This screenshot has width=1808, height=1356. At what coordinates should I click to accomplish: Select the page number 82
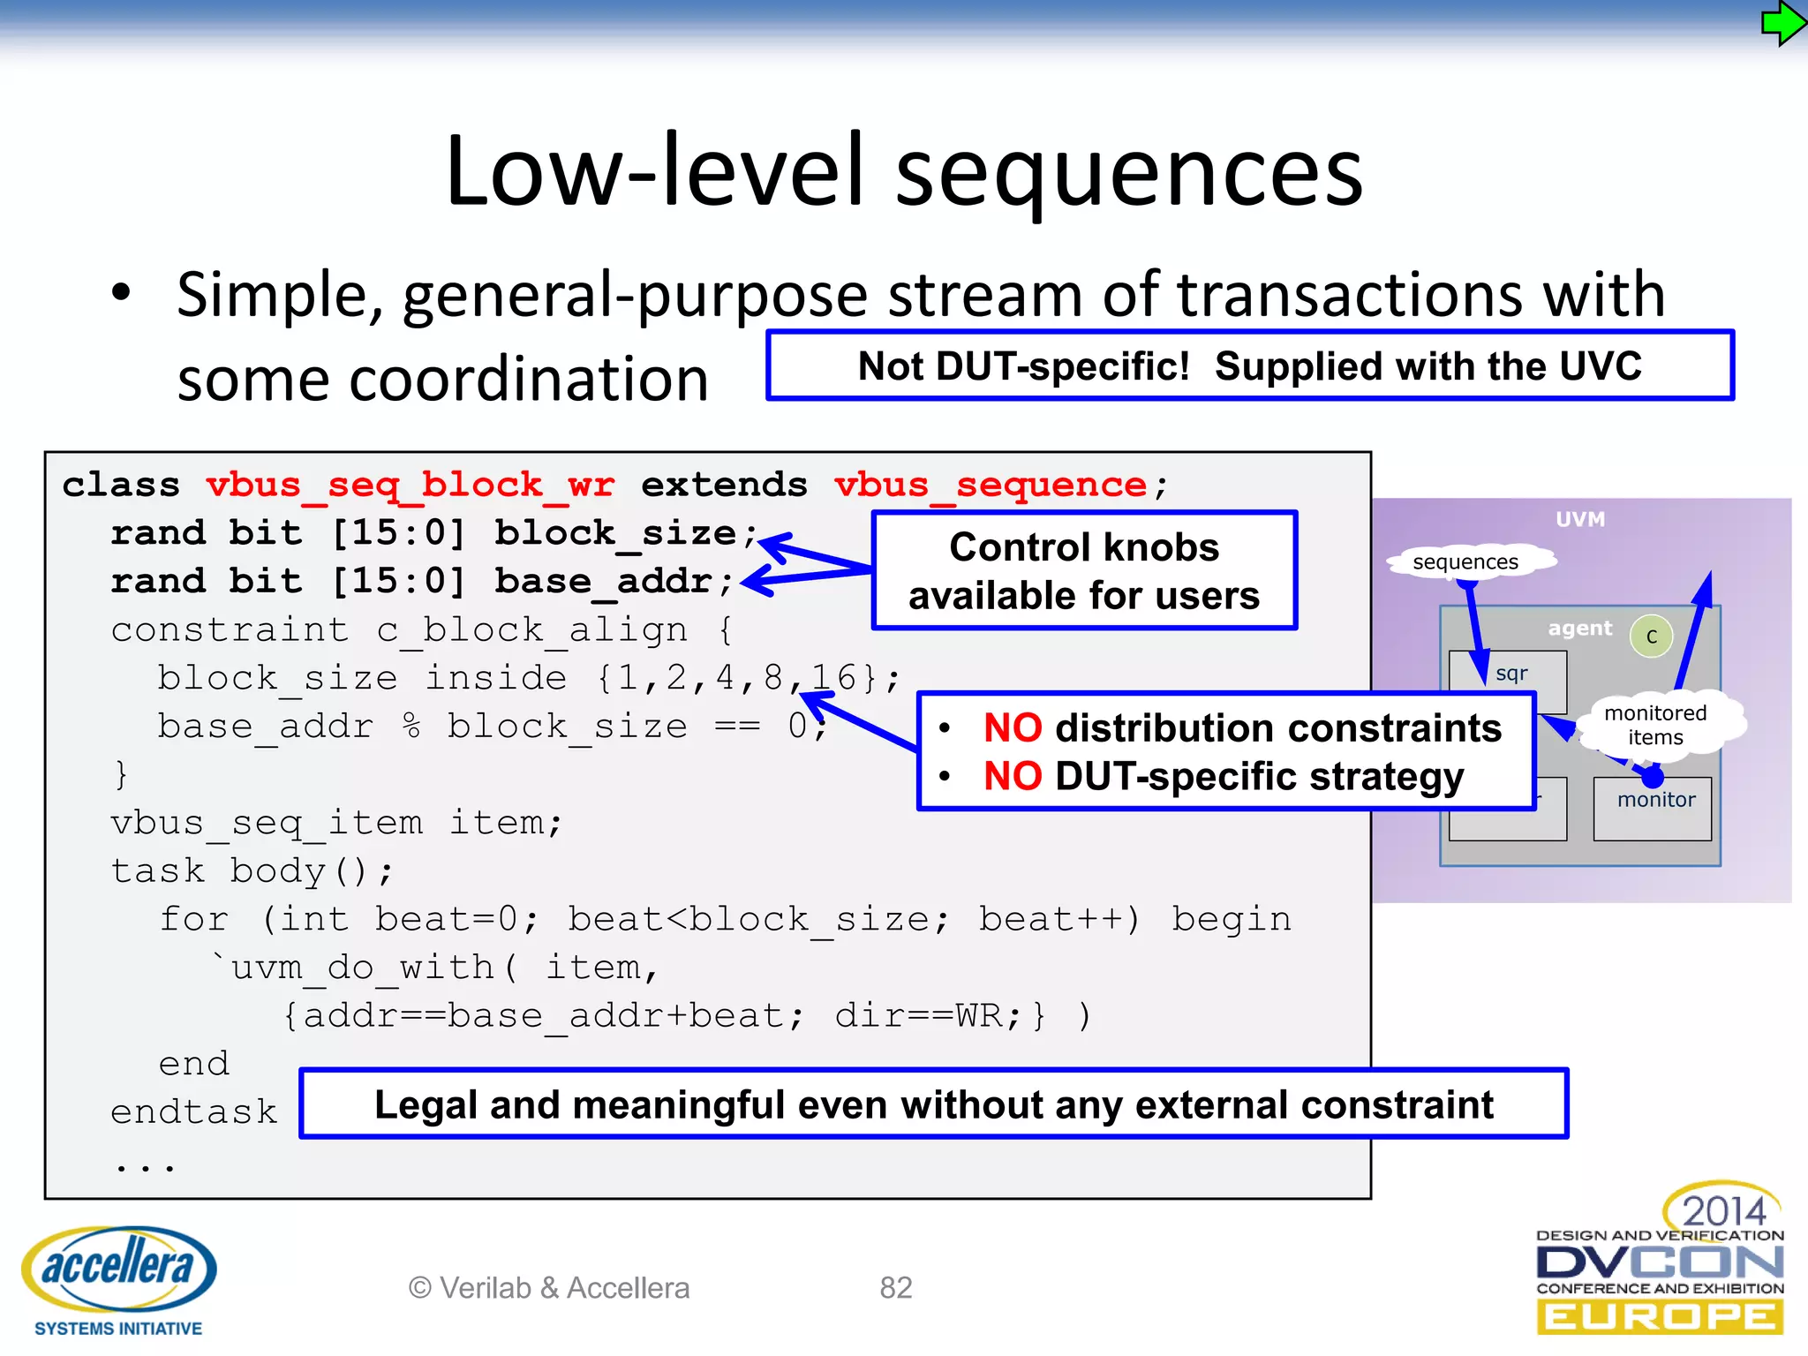pyautogui.click(x=895, y=1288)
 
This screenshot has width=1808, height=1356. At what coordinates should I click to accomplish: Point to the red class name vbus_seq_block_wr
pyautogui.click(x=410, y=485)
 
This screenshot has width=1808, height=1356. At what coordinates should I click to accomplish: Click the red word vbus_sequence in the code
pyautogui.click(x=990, y=485)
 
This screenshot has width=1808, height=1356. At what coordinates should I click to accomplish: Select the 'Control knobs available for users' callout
pyautogui.click(x=1084, y=570)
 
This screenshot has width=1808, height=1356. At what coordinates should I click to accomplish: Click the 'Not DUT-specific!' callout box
pyautogui.click(x=1249, y=365)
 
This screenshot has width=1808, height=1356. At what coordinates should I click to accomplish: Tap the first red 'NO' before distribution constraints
pyautogui.click(x=1013, y=728)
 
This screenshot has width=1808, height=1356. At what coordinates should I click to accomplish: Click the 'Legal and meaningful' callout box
pyautogui.click(x=933, y=1104)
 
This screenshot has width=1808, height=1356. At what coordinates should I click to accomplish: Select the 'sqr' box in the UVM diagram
pyautogui.click(x=1510, y=675)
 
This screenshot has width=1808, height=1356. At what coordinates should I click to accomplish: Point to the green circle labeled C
pyautogui.click(x=1651, y=637)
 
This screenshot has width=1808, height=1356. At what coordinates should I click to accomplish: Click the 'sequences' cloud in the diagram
pyautogui.click(x=1465, y=562)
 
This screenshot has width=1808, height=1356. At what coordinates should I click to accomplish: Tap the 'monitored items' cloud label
pyautogui.click(x=1655, y=725)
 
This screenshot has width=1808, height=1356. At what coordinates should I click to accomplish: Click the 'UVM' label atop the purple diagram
pyautogui.click(x=1580, y=519)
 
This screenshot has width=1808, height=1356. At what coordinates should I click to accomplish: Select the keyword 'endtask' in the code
pyautogui.click(x=193, y=1111)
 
